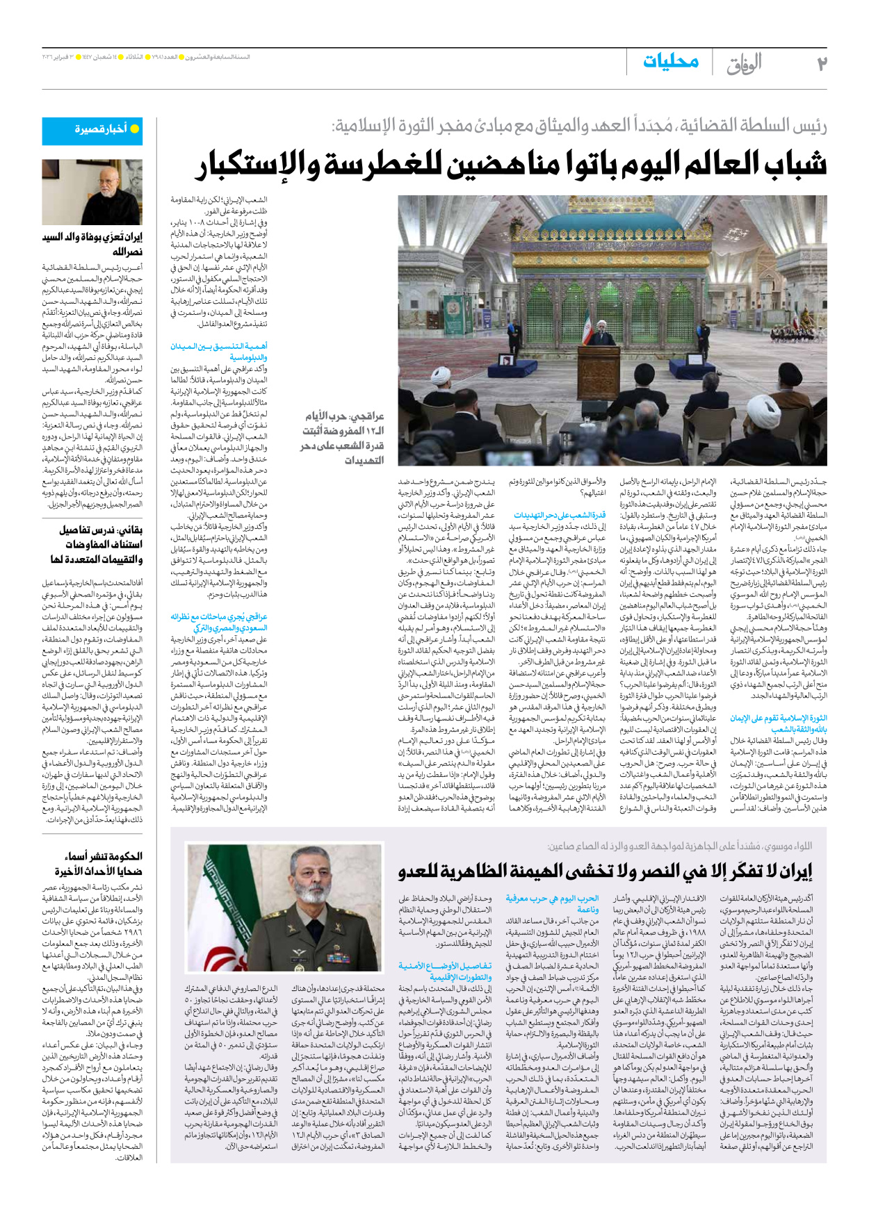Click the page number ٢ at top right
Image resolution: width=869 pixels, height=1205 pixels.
pyautogui.click(x=820, y=63)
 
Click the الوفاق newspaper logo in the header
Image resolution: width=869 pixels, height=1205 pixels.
pyautogui.click(x=745, y=63)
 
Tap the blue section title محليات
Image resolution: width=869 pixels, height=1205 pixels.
pyautogui.click(x=670, y=61)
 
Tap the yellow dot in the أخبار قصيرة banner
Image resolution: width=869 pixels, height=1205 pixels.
pyautogui.click(x=135, y=129)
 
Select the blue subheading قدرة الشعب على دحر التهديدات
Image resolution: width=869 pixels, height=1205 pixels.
pyautogui.click(x=560, y=515)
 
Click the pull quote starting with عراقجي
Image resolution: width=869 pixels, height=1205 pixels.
pyautogui.click(x=343, y=438)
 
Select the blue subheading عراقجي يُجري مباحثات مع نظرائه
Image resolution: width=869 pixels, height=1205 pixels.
pyautogui.click(x=219, y=621)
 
